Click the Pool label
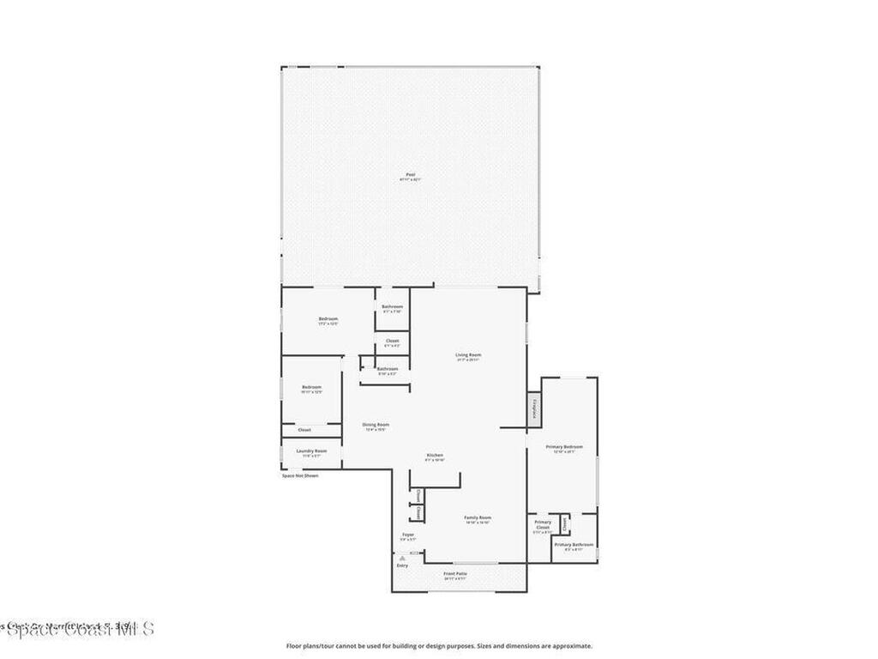pyautogui.click(x=410, y=175)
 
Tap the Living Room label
pyautogui.click(x=468, y=354)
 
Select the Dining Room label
pyautogui.click(x=376, y=425)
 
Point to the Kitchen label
pyautogui.click(x=436, y=455)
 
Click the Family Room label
pyautogui.click(x=478, y=517)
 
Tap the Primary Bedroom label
pyautogui.click(x=564, y=446)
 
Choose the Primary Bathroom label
pyautogui.click(x=574, y=545)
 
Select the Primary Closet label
pyautogui.click(x=543, y=524)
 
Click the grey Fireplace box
pyautogui.click(x=534, y=409)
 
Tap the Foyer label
pyautogui.click(x=407, y=535)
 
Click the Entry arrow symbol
pyautogui.click(x=402, y=558)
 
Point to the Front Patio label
pyautogui.click(x=455, y=573)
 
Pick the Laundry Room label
pyautogui.click(x=311, y=450)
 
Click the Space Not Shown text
pyautogui.click(x=300, y=475)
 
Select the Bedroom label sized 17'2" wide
pyautogui.click(x=328, y=319)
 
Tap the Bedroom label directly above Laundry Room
pyautogui.click(x=311, y=387)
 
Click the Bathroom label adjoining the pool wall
pyautogui.click(x=393, y=306)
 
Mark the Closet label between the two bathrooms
pyautogui.click(x=393, y=342)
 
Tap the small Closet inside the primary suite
pyautogui.click(x=564, y=522)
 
